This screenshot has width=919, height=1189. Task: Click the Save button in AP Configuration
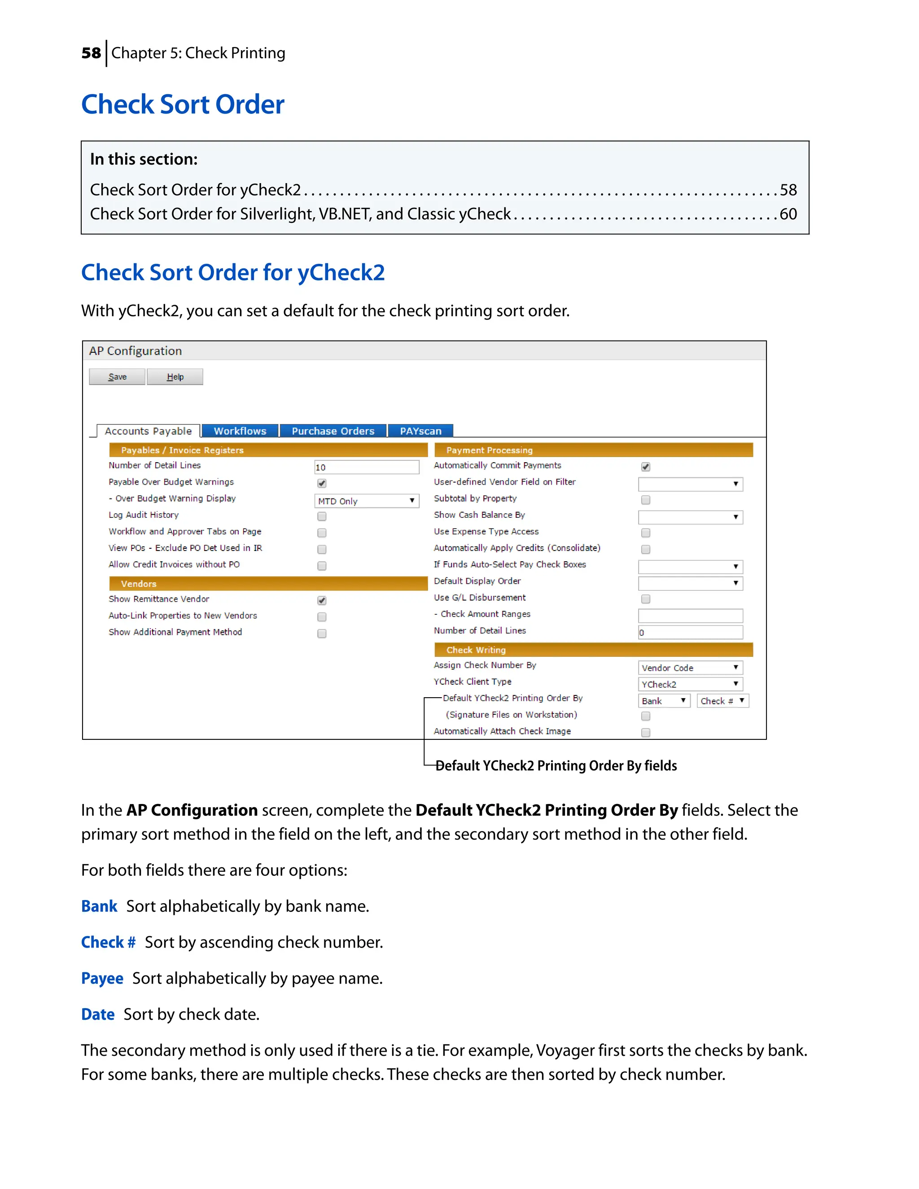[x=117, y=377]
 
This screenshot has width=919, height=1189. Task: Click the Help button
[x=175, y=377]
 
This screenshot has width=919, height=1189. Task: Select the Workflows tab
[x=240, y=431]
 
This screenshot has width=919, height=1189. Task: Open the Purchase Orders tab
[x=333, y=431]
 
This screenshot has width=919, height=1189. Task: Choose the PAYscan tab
[x=420, y=431]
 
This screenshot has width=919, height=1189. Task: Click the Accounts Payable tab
[x=148, y=431]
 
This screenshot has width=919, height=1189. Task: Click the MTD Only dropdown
[x=367, y=501]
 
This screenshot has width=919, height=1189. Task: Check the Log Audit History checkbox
[x=322, y=516]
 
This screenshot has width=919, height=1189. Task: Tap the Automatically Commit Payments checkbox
[x=646, y=467]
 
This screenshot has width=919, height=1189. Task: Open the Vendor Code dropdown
[x=690, y=668]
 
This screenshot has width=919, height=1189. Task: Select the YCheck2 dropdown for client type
[x=690, y=684]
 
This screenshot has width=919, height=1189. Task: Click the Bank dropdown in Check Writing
[x=664, y=701]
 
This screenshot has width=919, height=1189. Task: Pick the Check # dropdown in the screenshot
[x=722, y=701]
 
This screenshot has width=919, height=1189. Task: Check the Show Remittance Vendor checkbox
[x=322, y=600]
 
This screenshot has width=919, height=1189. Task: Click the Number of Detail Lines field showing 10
[x=367, y=467]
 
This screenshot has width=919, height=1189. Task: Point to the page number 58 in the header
[x=91, y=53]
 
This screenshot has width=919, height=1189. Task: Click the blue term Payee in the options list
[x=102, y=978]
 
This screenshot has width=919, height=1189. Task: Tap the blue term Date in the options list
[x=98, y=1014]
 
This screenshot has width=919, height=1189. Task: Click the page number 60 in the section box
[x=788, y=214]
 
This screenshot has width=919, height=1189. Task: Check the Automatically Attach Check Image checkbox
[x=646, y=732]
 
